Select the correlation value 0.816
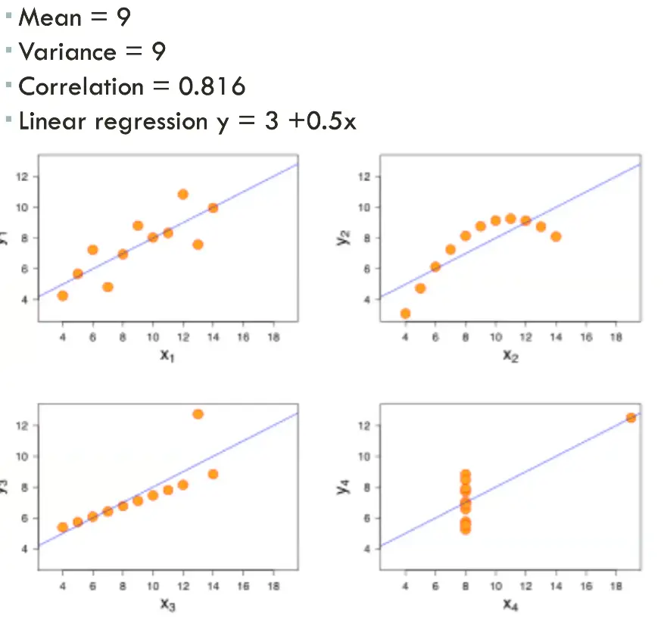(x=212, y=87)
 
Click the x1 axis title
(x=167, y=354)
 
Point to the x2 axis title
(x=510, y=354)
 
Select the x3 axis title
(x=167, y=603)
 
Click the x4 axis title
(x=510, y=603)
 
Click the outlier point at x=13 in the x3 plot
(x=198, y=414)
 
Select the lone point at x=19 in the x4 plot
(x=631, y=418)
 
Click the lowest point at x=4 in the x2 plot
(x=405, y=313)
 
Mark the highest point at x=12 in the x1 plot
(x=182, y=195)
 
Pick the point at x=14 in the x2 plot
(x=556, y=237)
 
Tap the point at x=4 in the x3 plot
(x=62, y=527)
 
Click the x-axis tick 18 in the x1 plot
(x=273, y=338)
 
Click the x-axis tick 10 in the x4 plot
(x=496, y=586)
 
